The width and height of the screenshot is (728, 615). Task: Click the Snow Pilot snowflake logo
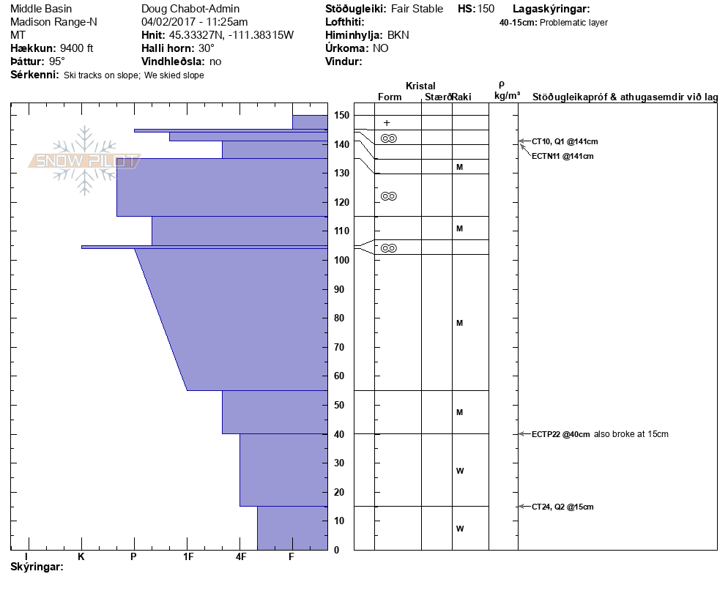[84, 160]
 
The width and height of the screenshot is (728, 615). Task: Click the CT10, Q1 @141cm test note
[562, 141]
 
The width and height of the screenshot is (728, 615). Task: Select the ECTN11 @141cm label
[562, 156]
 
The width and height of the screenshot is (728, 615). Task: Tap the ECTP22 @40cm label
[560, 434]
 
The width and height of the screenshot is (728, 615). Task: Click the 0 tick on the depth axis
[336, 550]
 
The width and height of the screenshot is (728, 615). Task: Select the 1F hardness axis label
[187, 557]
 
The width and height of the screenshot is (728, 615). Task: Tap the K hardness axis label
[81, 557]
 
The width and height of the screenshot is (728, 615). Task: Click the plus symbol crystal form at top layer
[387, 123]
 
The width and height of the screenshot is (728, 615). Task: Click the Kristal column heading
[420, 86]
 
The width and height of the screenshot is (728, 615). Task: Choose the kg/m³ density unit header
[507, 96]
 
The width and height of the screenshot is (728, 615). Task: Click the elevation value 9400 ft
[76, 48]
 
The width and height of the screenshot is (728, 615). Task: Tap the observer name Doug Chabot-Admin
[190, 9]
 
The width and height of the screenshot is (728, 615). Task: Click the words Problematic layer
[573, 23]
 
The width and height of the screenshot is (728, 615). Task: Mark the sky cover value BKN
[398, 35]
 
